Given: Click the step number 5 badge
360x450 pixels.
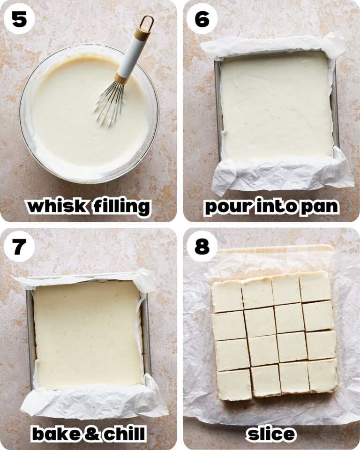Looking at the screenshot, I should (19, 19).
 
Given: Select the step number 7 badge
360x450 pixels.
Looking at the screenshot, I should (19, 247).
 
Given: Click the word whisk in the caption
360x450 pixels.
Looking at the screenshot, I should (56, 206).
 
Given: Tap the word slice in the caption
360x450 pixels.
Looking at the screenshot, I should (271, 434).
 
